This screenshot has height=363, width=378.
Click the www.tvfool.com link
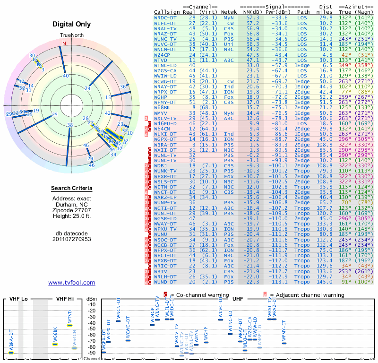pos(71,283)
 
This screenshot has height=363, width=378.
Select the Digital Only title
pos(71,24)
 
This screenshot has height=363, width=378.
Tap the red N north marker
pos(65,44)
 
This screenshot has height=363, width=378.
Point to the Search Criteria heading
pos(71,189)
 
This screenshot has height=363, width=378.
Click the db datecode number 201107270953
pos(71,239)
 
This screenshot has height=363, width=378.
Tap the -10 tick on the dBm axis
pos(92,305)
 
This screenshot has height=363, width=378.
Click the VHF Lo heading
pos(18,299)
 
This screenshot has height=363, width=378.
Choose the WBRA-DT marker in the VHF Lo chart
pos(11,353)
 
